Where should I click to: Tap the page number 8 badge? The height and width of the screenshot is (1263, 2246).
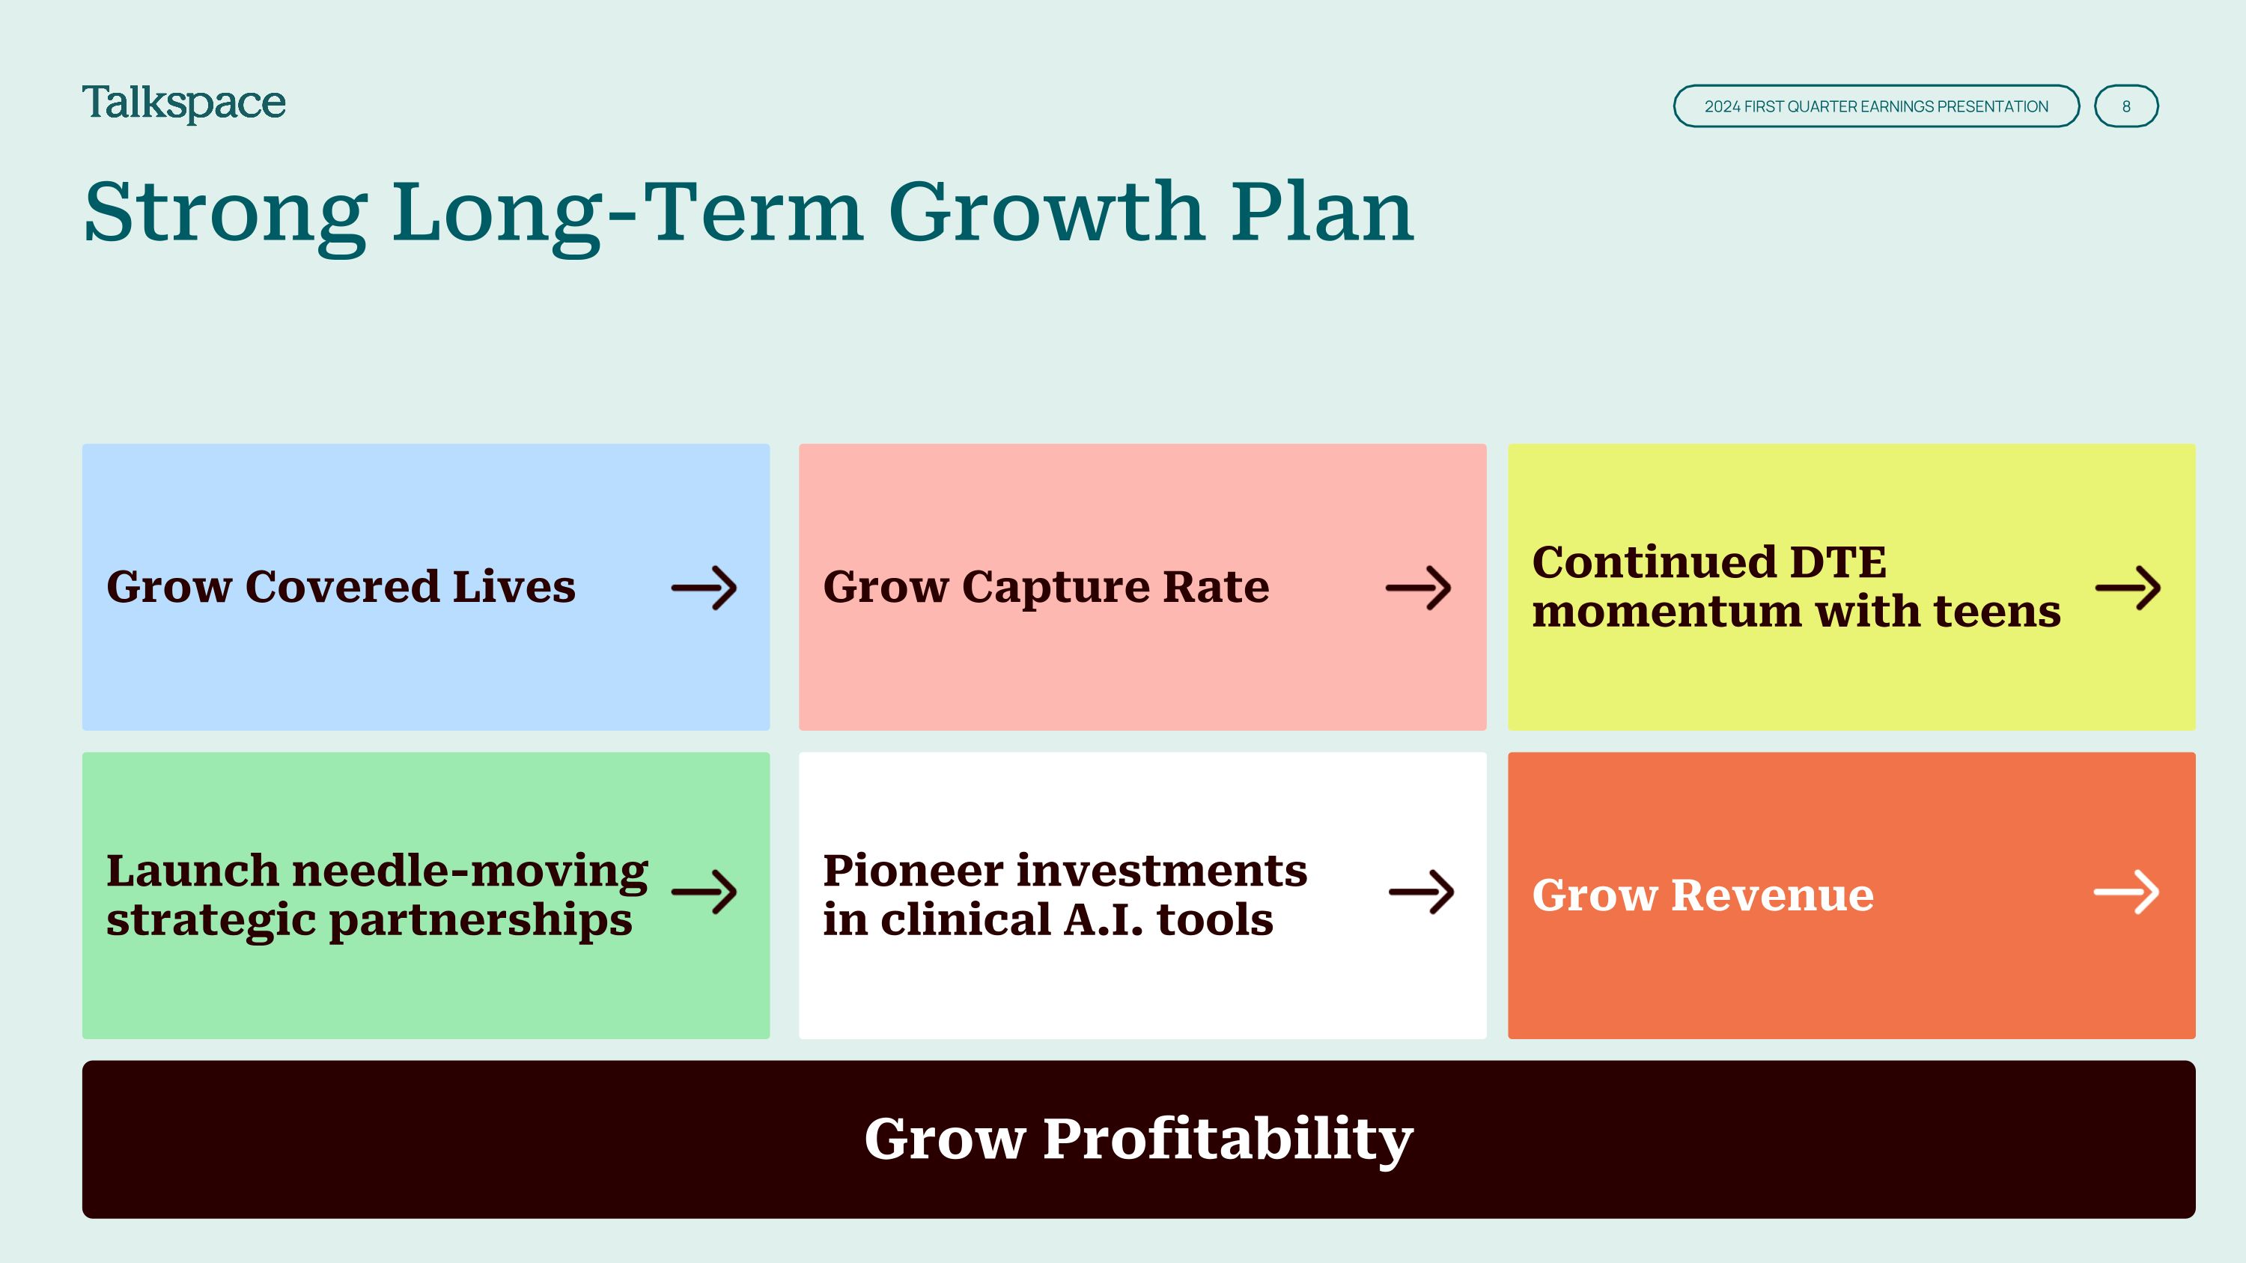pos(2125,106)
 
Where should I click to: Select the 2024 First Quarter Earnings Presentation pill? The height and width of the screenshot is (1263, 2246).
pos(1876,106)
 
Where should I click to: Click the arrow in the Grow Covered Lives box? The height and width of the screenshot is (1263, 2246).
pos(704,588)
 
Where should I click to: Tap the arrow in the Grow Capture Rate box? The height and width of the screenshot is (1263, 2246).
pos(1419,588)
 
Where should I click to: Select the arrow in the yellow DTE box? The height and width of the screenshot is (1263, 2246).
pos(2128,588)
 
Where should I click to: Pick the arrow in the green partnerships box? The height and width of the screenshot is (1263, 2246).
pos(704,891)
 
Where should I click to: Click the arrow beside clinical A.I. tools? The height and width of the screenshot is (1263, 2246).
pos(1421,891)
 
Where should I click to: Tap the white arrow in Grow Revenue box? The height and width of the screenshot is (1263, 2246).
pos(2126,891)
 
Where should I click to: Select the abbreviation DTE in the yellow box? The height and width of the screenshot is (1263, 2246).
pos(1837,562)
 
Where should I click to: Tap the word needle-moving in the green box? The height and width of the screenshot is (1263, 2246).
pos(470,871)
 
